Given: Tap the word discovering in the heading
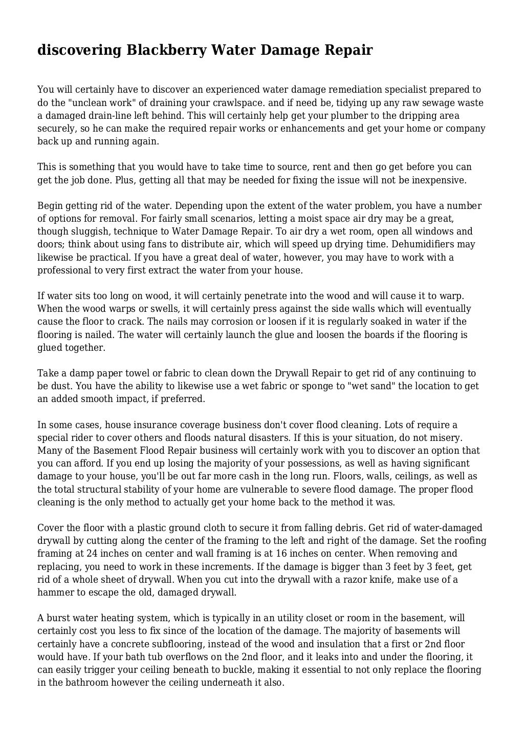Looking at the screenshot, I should click(x=79, y=50).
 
